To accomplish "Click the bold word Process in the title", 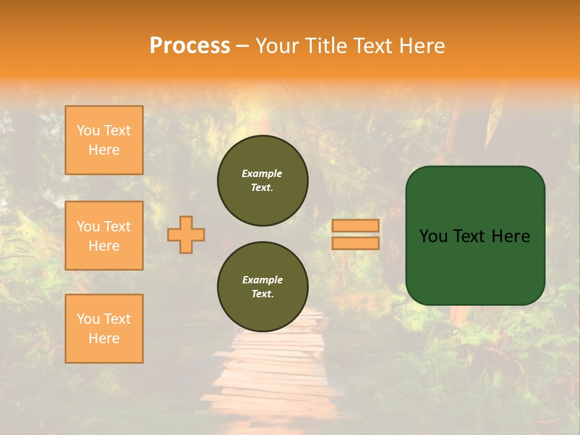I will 190,45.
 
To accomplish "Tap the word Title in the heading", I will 327,45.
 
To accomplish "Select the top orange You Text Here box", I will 104,140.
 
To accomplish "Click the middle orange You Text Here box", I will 104,236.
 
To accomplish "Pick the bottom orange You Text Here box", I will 104,329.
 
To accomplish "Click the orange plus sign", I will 186,234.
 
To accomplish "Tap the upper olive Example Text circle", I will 262,181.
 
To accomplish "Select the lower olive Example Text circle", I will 262,287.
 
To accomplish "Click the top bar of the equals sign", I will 355,226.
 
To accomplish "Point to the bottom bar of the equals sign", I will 355,243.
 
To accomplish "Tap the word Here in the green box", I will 511,236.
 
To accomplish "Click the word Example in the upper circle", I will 262,173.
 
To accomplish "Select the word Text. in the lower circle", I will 262,294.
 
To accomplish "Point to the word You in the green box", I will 433,236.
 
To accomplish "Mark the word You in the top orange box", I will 88,130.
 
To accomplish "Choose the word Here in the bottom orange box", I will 104,338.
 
